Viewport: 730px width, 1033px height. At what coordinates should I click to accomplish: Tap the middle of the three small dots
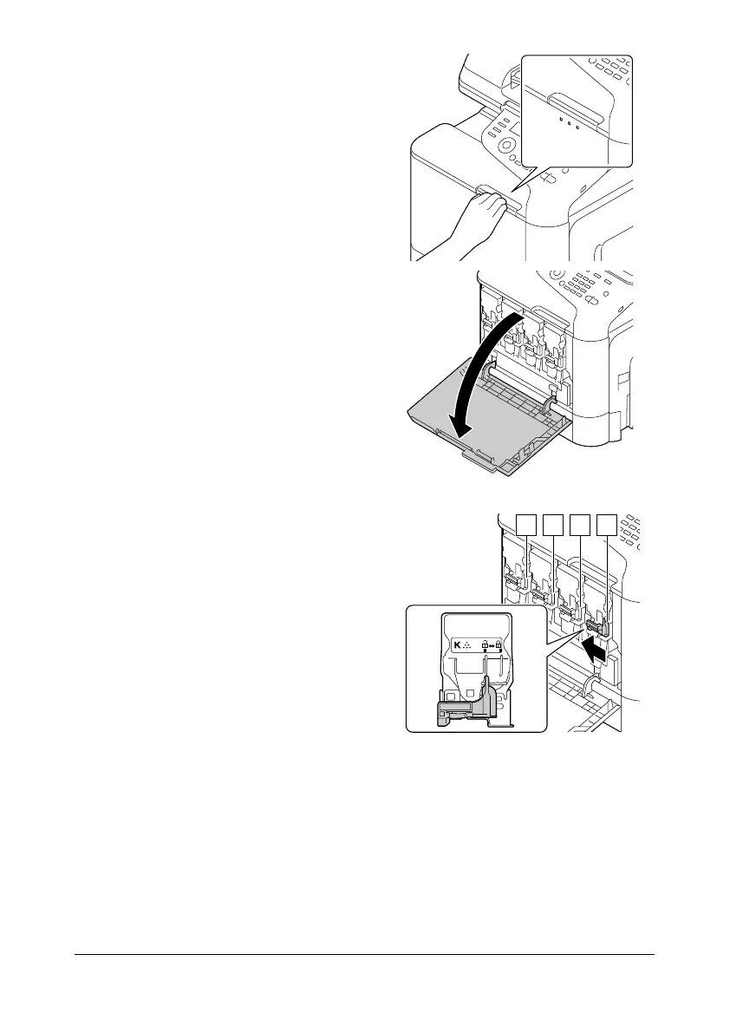tap(569, 122)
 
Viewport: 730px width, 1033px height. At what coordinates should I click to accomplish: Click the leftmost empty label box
tap(525, 524)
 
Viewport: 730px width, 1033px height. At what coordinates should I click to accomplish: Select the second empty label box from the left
tap(552, 524)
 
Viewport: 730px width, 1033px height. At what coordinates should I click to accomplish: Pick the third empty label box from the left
tap(580, 524)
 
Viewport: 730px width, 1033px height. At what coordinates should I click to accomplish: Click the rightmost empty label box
tap(608, 524)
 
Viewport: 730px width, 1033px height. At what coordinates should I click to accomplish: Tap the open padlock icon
tap(484, 645)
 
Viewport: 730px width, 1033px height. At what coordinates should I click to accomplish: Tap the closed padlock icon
tap(499, 645)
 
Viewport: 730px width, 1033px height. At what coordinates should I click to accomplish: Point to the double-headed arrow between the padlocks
tap(492, 646)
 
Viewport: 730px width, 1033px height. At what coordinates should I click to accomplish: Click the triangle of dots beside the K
tap(466, 646)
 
